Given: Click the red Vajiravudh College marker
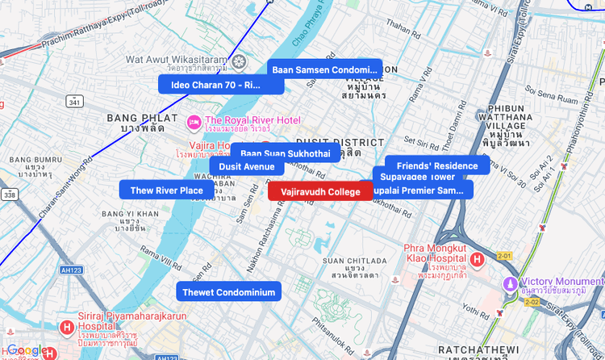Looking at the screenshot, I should (320, 191).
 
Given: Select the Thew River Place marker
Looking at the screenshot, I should (167, 190).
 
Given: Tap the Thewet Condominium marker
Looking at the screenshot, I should (228, 292).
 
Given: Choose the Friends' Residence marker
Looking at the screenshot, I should (436, 165).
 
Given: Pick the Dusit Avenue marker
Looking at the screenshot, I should (247, 166).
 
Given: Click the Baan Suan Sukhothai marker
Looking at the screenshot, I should (286, 153).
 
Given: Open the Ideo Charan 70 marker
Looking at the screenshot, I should (215, 85).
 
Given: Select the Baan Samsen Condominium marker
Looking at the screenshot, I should (324, 69).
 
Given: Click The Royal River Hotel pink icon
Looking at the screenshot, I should (194, 122).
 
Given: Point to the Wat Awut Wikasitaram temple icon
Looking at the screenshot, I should (238, 61).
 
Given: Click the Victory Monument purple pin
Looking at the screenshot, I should (510, 284).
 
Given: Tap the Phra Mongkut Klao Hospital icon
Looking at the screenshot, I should (477, 260).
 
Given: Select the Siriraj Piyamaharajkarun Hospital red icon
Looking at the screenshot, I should (66, 327).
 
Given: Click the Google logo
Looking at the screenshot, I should (27, 351).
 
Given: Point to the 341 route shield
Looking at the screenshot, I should (75, 103).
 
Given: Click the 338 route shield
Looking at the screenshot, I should (10, 195).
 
